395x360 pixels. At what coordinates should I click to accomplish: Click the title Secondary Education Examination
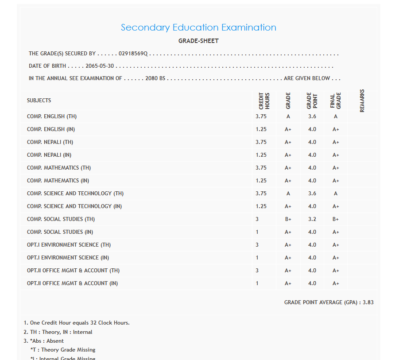click(198, 27)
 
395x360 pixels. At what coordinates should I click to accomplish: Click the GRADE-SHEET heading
click(198, 41)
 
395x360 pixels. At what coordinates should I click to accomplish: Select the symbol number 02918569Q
click(133, 54)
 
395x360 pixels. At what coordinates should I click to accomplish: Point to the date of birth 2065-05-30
click(102, 66)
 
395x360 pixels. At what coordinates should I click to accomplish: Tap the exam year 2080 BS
click(155, 78)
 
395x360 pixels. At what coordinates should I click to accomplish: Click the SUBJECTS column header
click(39, 101)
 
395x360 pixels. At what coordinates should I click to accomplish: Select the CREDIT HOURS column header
click(264, 101)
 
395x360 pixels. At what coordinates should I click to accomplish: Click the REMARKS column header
click(362, 101)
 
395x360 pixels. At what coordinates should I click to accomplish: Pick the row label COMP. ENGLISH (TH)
click(52, 116)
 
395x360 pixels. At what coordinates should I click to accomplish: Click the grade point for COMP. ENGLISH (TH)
click(312, 116)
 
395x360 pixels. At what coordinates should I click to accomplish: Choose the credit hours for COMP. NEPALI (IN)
click(261, 155)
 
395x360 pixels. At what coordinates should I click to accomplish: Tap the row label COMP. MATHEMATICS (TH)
click(59, 168)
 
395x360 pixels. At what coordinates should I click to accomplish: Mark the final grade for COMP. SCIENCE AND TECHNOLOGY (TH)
click(336, 194)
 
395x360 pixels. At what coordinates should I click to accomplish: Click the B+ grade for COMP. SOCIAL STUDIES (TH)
click(288, 219)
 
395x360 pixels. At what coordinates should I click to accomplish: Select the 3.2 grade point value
click(312, 219)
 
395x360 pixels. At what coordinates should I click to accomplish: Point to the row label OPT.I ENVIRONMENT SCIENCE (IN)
click(68, 258)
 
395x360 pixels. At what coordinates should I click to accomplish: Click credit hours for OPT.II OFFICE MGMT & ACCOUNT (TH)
click(257, 271)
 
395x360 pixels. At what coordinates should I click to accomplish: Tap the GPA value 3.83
click(368, 302)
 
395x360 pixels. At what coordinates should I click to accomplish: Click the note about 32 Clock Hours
click(77, 323)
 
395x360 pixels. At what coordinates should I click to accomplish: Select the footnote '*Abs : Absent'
click(44, 341)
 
